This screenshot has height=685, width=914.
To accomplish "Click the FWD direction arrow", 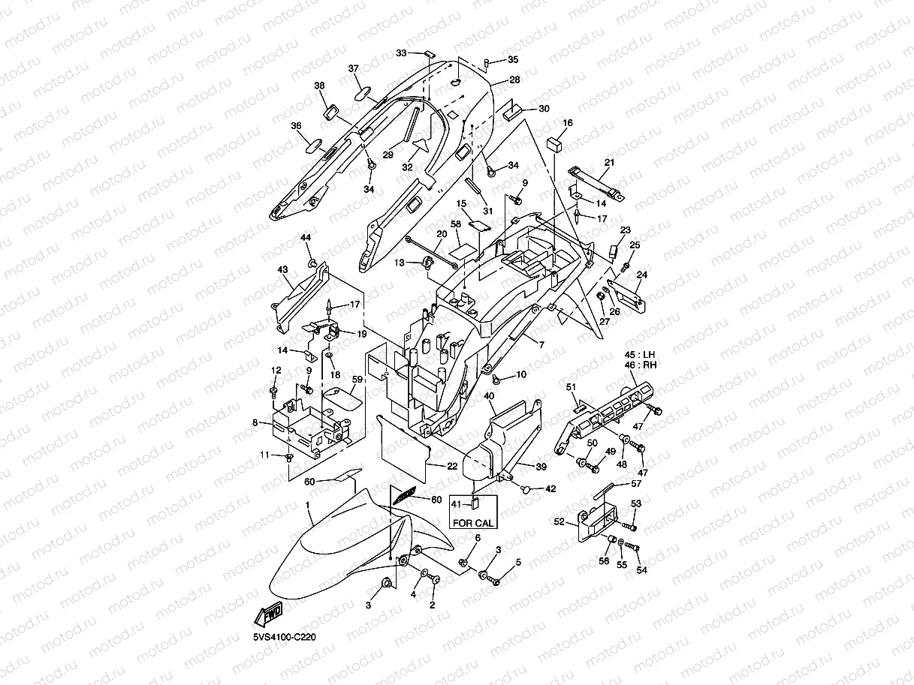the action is [269, 614].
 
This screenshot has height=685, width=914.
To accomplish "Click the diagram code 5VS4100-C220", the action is [285, 637].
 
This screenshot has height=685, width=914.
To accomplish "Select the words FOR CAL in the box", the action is [473, 523].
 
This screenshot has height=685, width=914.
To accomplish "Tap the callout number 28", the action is [514, 80].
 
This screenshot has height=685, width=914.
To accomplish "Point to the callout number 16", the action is [568, 123].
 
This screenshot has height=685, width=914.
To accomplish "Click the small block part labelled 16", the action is [554, 144].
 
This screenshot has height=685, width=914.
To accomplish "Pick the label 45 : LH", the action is [640, 355].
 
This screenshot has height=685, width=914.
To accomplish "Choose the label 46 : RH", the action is [641, 365].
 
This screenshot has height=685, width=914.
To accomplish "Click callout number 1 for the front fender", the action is [307, 505].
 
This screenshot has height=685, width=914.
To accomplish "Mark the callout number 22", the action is [452, 466].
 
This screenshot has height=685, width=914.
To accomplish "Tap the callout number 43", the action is [282, 269].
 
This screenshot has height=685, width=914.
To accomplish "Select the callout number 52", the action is [559, 521].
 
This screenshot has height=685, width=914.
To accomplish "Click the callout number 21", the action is [609, 163].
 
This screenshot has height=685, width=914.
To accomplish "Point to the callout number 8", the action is [255, 423].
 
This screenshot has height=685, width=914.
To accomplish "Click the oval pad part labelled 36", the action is [314, 146].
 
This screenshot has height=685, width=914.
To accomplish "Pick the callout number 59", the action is [357, 380].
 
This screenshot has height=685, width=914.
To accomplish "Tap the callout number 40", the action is [489, 396].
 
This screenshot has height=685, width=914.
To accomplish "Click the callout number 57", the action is [636, 483].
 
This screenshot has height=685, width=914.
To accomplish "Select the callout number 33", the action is [401, 53].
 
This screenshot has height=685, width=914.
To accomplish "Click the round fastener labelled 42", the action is [526, 489].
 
